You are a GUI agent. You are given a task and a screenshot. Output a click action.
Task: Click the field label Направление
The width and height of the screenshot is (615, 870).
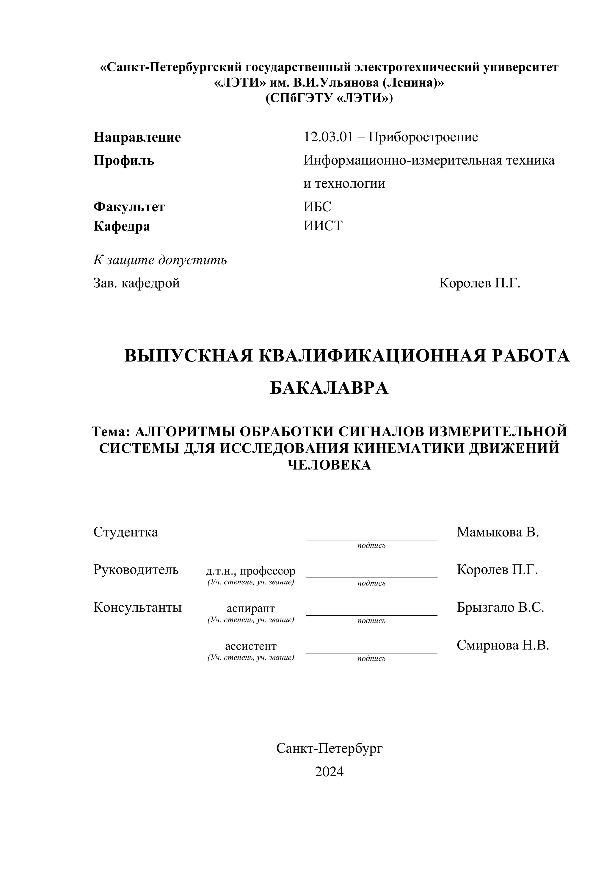coord(137,137)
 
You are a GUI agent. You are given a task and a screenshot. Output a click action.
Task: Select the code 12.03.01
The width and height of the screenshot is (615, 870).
coord(328,137)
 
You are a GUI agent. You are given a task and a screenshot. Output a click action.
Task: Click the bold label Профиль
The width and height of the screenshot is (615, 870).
coord(123,161)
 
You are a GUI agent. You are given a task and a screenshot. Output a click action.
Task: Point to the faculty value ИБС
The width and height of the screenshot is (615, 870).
coord(317,207)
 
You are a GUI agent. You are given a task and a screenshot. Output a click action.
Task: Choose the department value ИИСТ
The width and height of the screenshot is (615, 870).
coord(323,226)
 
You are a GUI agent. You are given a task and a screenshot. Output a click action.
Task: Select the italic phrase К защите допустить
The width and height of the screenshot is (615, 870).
coord(160,260)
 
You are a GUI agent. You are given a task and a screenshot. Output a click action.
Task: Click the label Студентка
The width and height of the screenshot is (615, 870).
coord(125,532)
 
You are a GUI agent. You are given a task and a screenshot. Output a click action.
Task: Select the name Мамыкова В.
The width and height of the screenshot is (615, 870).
coord(498,532)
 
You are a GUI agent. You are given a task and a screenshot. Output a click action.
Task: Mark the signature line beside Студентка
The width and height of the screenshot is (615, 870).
coord(371,539)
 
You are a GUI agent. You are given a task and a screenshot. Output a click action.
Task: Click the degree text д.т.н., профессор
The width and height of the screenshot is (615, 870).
coord(250,571)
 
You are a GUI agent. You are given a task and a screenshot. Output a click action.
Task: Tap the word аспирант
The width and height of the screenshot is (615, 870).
coord(250,608)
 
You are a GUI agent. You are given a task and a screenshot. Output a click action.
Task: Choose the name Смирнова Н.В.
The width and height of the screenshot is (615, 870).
coord(503,645)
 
